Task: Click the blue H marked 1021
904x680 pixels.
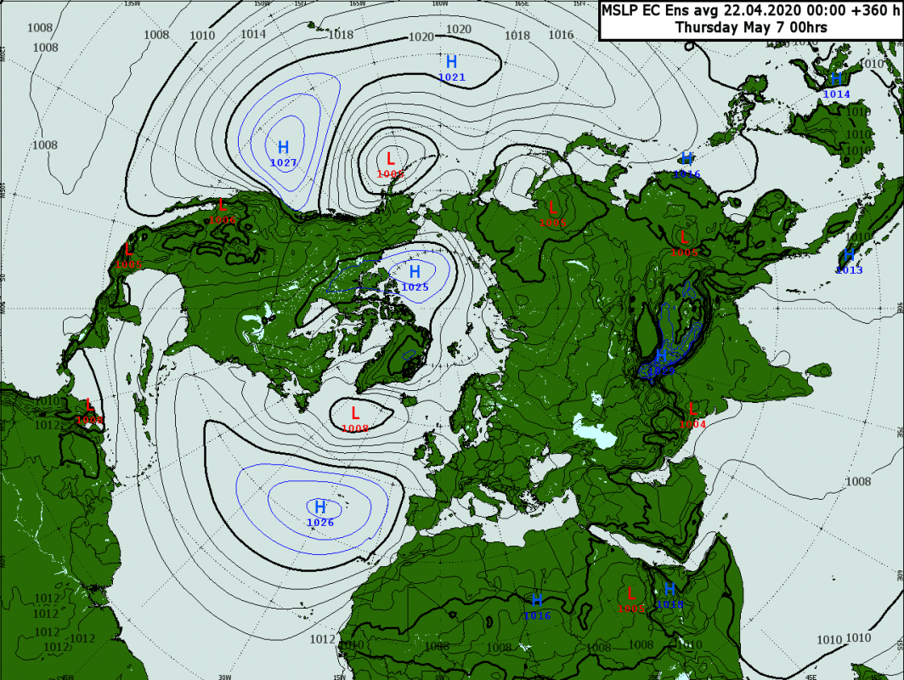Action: [x=451, y=62]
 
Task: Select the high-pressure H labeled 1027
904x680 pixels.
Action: [x=283, y=147]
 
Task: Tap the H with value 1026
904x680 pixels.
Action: [x=320, y=507]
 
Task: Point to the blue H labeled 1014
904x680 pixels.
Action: [x=836, y=80]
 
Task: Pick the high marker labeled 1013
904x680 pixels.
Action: [x=848, y=256]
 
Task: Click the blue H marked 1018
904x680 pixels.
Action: [x=670, y=589]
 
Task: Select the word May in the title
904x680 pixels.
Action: [x=760, y=27]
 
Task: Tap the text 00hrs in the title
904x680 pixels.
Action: [x=806, y=27]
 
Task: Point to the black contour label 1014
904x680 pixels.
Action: [x=253, y=34]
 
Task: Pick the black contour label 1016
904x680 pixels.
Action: [x=561, y=35]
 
